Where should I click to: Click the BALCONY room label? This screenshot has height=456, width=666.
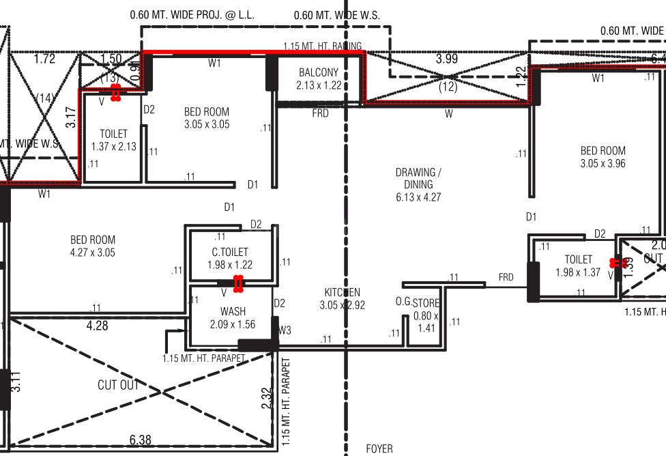pyautogui.click(x=319, y=72)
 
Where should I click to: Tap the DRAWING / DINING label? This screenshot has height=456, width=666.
pyautogui.click(x=418, y=178)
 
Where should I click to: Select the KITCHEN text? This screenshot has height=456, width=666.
pyautogui.click(x=343, y=293)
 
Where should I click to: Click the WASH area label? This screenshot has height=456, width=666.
pyautogui.click(x=233, y=312)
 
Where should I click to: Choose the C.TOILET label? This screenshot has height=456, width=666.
pyautogui.click(x=230, y=253)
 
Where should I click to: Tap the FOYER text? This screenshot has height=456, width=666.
pyautogui.click(x=379, y=448)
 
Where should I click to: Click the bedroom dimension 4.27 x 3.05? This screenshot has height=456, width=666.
pyautogui.click(x=93, y=253)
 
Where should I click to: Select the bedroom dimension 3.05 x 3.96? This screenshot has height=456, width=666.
pyautogui.click(x=603, y=164)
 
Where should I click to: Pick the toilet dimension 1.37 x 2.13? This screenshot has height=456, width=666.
pyautogui.click(x=113, y=146)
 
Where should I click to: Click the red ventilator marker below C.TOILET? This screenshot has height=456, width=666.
pyautogui.click(x=238, y=283)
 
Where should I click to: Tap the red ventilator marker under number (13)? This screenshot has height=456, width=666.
pyautogui.click(x=115, y=92)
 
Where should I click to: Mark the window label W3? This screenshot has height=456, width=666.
pyautogui.click(x=285, y=330)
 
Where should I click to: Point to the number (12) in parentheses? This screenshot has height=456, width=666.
pyautogui.click(x=448, y=87)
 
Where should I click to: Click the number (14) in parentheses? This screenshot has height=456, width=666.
pyautogui.click(x=45, y=98)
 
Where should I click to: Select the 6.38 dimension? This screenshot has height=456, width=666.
pyautogui.click(x=141, y=440)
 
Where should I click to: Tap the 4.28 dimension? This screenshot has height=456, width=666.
pyautogui.click(x=97, y=326)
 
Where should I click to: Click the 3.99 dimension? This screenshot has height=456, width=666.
pyautogui.click(x=447, y=59)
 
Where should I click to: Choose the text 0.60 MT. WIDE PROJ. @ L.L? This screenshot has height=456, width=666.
pyautogui.click(x=182, y=14)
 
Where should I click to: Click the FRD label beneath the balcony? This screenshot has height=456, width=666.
pyautogui.click(x=320, y=113)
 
